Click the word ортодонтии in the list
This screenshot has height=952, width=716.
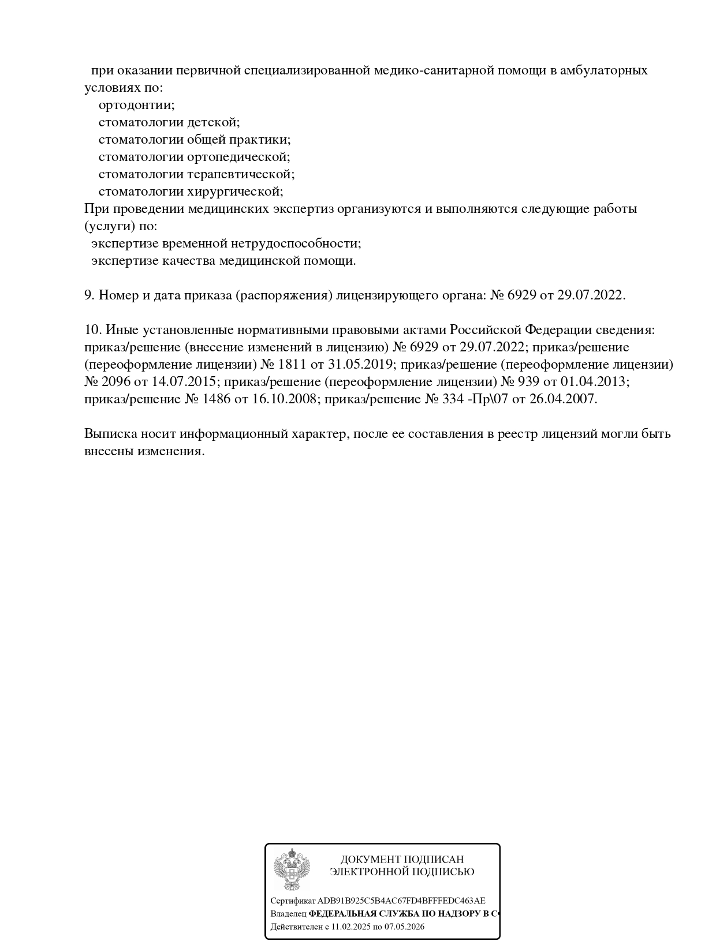click(x=136, y=105)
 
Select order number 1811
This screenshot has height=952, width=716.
click(x=293, y=365)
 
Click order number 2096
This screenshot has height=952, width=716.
click(x=118, y=382)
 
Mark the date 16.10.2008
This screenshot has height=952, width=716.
click(x=284, y=399)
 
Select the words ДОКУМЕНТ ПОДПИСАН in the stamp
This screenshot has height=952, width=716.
click(x=402, y=859)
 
